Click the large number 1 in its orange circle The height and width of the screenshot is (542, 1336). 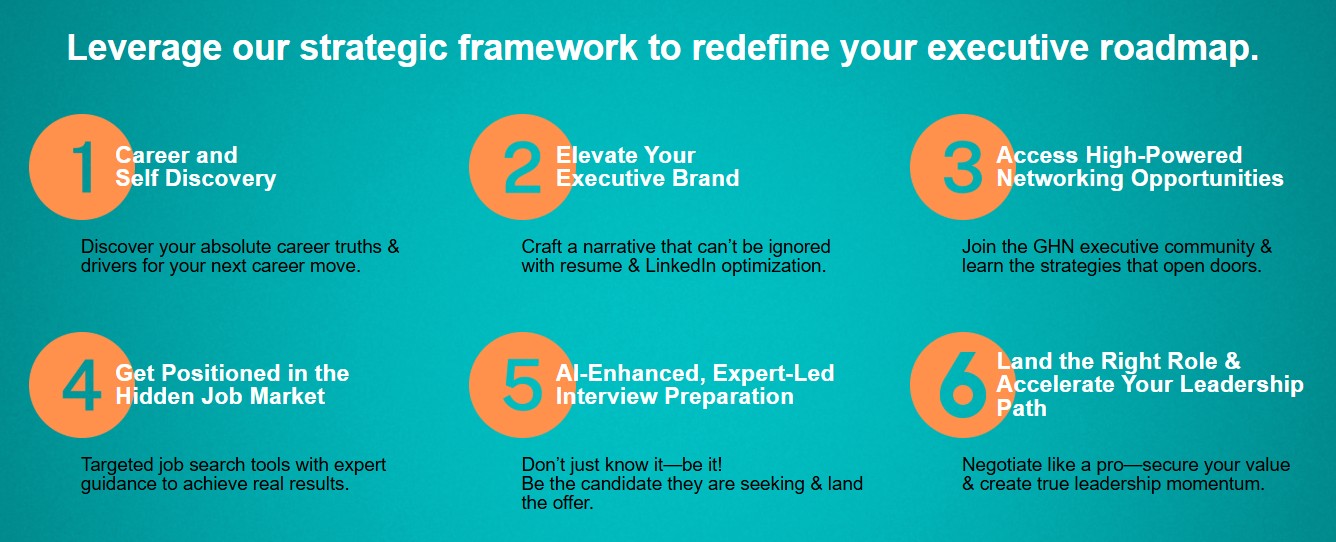click(x=85, y=167)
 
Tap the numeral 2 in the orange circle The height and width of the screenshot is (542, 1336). click(x=523, y=167)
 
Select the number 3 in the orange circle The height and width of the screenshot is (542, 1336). click(x=963, y=167)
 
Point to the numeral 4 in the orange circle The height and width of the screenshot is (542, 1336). click(x=82, y=385)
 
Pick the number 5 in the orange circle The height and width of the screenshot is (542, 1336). click(x=523, y=385)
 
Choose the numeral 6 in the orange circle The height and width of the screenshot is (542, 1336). click(x=963, y=384)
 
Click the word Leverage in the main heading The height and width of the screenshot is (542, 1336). click(x=144, y=49)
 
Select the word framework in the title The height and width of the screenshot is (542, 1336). click(x=548, y=48)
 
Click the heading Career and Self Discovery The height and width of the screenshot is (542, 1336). click(x=196, y=167)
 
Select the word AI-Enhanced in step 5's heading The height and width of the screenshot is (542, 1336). click(x=631, y=374)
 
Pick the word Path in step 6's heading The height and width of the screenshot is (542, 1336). click(x=1022, y=408)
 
